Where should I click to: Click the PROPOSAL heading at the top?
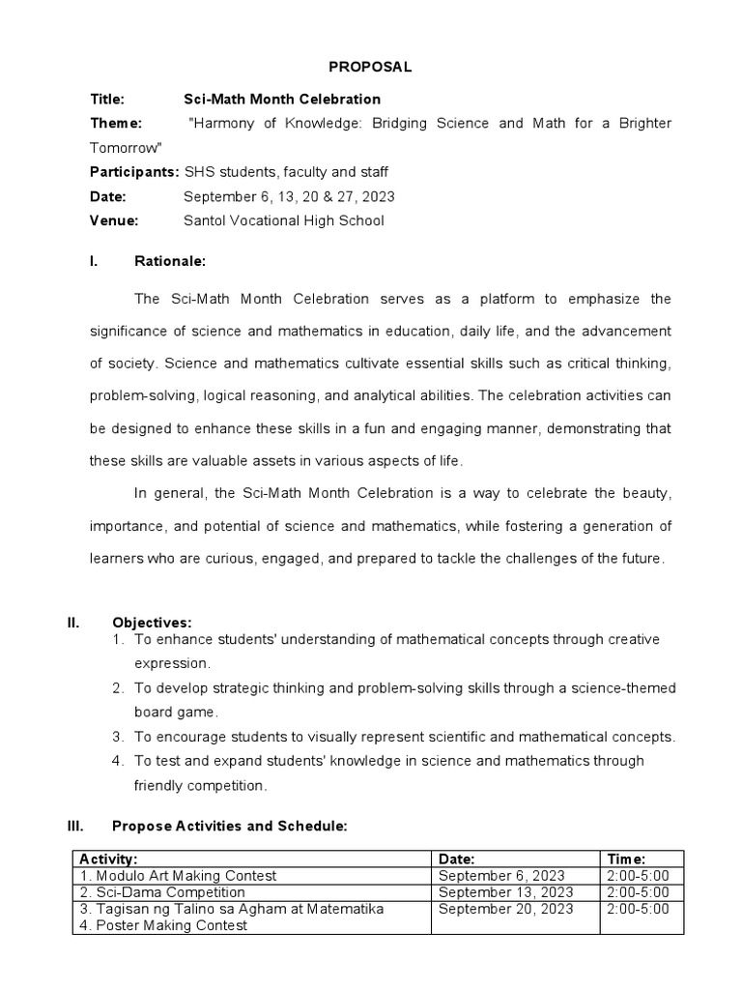click(371, 67)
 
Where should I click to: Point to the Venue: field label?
click(114, 220)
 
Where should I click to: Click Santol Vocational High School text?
click(283, 220)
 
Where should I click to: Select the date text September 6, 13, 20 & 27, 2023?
click(289, 196)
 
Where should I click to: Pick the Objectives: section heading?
click(152, 622)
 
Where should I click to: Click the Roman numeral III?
click(75, 827)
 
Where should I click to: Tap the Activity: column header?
click(108, 859)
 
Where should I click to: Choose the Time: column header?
click(626, 859)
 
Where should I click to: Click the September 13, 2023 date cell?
click(505, 892)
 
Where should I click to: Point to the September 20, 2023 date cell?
click(505, 909)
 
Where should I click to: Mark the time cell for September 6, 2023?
click(642, 875)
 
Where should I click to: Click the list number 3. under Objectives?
click(118, 737)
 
